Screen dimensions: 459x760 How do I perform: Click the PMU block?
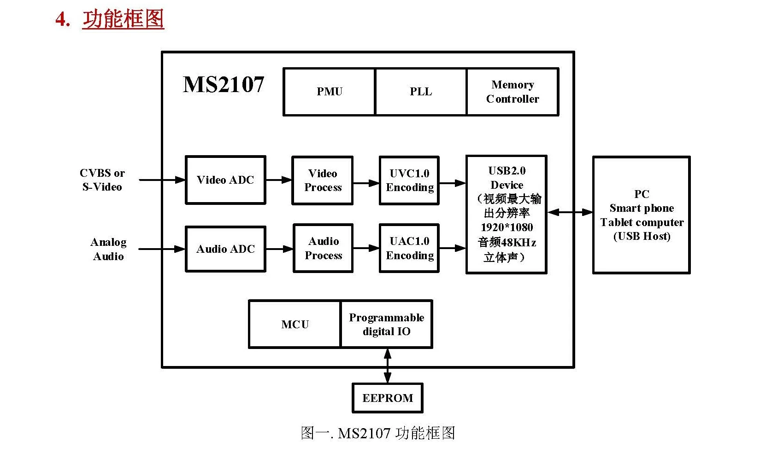pos(329,92)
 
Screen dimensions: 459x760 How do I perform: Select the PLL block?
pos(421,92)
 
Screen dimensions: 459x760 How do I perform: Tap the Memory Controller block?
pos(513,92)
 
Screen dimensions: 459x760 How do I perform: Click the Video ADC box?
pos(225,180)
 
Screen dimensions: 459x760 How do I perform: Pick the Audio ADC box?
pos(225,249)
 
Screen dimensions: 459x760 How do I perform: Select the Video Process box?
pos(323,180)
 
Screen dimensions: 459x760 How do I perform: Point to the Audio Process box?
pos(323,248)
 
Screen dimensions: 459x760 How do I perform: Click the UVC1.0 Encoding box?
pos(409,180)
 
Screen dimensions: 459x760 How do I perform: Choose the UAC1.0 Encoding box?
pos(409,248)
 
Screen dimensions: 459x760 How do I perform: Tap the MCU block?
pos(295,324)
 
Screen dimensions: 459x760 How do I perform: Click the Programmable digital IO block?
pos(386,324)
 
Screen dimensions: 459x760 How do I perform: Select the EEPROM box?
pos(388,398)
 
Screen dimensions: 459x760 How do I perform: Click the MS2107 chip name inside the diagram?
pos(224,84)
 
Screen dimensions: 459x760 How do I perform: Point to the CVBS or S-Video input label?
pos(102,180)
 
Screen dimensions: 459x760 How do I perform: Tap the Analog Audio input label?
pos(108,249)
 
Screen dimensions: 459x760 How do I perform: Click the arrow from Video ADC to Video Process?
pos(279,180)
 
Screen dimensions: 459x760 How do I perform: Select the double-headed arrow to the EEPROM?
pos(388,366)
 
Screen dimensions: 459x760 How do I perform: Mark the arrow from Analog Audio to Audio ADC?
pos(162,249)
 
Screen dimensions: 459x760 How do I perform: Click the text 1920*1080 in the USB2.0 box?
pos(507,227)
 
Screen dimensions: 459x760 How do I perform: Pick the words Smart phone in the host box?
pos(642,208)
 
